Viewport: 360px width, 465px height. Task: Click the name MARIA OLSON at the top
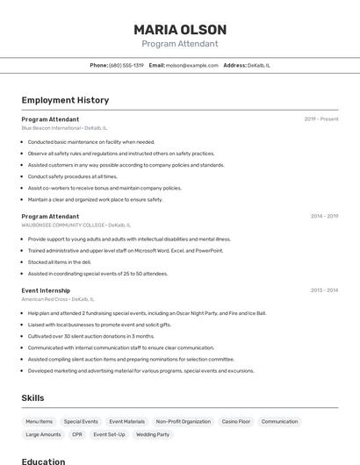(x=179, y=29)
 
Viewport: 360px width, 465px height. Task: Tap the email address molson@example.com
(x=191, y=65)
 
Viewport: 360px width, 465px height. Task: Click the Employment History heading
(x=65, y=100)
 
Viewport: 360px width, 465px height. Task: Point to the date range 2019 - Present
(x=321, y=119)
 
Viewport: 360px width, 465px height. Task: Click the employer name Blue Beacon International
(x=51, y=128)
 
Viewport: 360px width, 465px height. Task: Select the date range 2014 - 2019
(x=324, y=216)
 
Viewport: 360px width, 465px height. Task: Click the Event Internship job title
(x=46, y=290)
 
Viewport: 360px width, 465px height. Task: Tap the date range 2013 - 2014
(x=324, y=290)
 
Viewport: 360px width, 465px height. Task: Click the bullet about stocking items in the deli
(x=59, y=261)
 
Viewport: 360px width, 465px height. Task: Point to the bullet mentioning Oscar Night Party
(x=146, y=313)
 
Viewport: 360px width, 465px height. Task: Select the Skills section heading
(x=32, y=397)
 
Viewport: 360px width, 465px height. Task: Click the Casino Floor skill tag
(x=235, y=421)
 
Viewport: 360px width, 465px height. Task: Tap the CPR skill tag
(x=77, y=434)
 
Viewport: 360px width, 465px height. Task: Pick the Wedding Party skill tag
(x=153, y=434)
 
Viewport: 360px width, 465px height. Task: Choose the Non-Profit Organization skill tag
(x=183, y=421)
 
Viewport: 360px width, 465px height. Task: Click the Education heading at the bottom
(x=43, y=461)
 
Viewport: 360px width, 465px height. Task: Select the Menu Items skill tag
(x=40, y=421)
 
